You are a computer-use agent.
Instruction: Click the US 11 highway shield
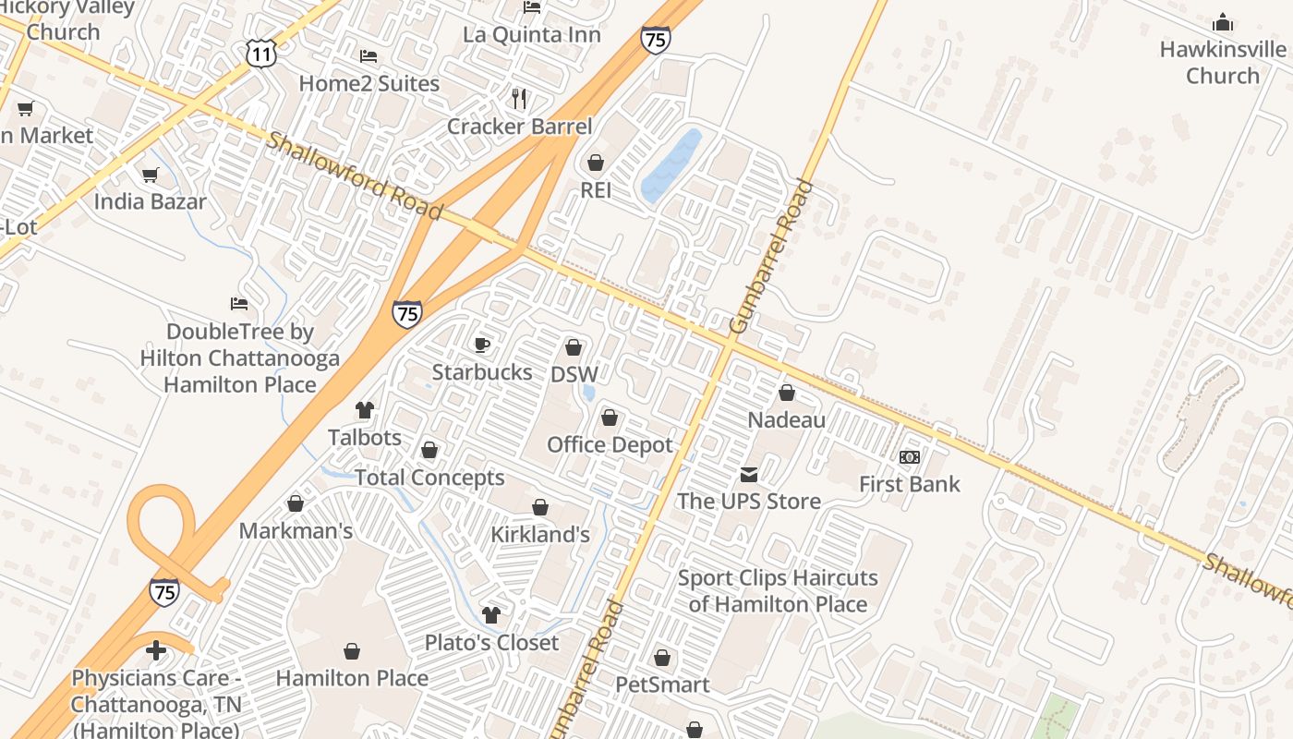click(261, 54)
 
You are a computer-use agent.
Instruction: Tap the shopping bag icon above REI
click(596, 163)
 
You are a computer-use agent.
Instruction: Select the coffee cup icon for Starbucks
click(481, 345)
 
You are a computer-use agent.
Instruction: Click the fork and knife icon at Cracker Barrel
click(519, 98)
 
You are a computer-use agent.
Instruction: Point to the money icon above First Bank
click(910, 457)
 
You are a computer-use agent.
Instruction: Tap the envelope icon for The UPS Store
click(748, 475)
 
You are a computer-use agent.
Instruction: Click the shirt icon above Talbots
click(365, 410)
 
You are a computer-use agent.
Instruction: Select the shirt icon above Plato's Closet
click(491, 615)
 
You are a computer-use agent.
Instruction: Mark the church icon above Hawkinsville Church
click(1223, 22)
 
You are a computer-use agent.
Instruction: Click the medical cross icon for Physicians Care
click(156, 651)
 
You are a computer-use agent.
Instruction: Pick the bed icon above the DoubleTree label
click(239, 304)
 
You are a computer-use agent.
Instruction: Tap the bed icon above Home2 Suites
click(369, 56)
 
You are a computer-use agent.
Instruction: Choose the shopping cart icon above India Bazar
click(150, 175)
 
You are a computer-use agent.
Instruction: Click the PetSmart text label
click(662, 684)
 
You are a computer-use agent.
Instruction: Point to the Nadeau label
click(786, 419)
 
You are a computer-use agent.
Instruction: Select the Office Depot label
click(610, 444)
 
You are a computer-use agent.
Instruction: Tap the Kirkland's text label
click(539, 534)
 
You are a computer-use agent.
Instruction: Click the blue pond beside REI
click(671, 165)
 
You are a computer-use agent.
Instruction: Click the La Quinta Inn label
click(531, 35)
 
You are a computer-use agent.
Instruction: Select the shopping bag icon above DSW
click(574, 348)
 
